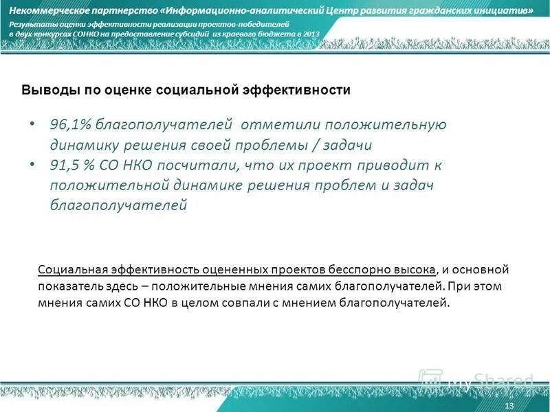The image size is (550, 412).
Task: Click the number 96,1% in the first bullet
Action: click(x=70, y=125)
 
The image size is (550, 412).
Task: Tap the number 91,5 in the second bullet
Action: click(x=65, y=165)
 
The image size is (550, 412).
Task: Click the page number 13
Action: click(x=509, y=407)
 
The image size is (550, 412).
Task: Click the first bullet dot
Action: click(x=32, y=125)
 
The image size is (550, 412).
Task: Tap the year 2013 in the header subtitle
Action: click(x=311, y=34)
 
